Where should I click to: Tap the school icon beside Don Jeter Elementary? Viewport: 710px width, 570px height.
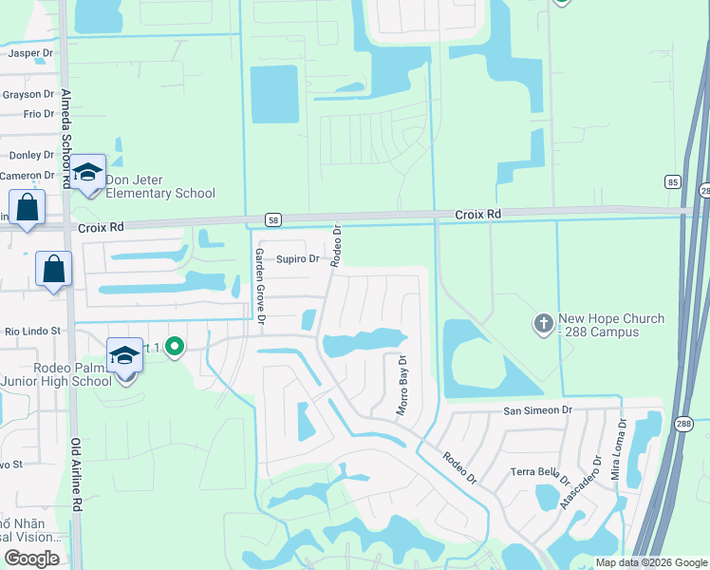coord(87,172)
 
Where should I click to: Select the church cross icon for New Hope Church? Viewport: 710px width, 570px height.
coord(543,324)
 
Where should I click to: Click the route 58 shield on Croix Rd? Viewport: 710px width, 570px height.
coord(273,220)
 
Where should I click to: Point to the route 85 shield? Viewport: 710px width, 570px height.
coord(672,181)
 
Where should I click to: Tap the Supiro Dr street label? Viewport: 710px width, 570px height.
coord(297,258)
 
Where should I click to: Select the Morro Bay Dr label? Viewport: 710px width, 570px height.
coord(402,386)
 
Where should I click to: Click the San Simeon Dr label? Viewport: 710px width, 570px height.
coord(538,410)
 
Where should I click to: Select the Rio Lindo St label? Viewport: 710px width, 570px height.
coord(32,331)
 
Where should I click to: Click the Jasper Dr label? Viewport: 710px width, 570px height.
coord(27,53)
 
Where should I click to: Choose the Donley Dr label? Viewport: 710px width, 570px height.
coord(31,155)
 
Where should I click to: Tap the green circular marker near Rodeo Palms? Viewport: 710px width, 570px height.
coord(174,348)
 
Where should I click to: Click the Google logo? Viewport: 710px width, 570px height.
coord(32,559)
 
